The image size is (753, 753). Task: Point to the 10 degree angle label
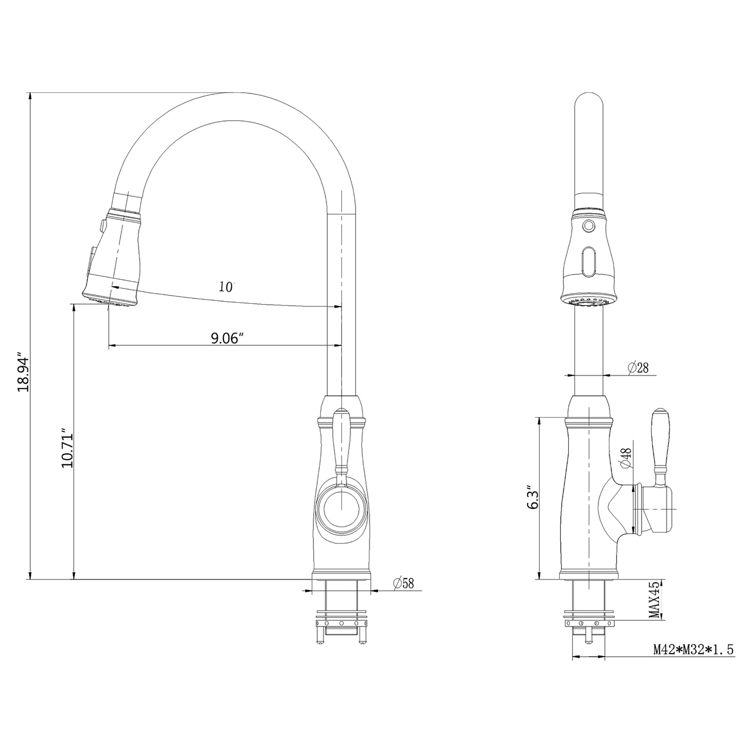coord(226,287)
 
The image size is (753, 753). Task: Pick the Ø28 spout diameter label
coord(638,367)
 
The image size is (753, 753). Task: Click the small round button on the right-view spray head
coord(589,225)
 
